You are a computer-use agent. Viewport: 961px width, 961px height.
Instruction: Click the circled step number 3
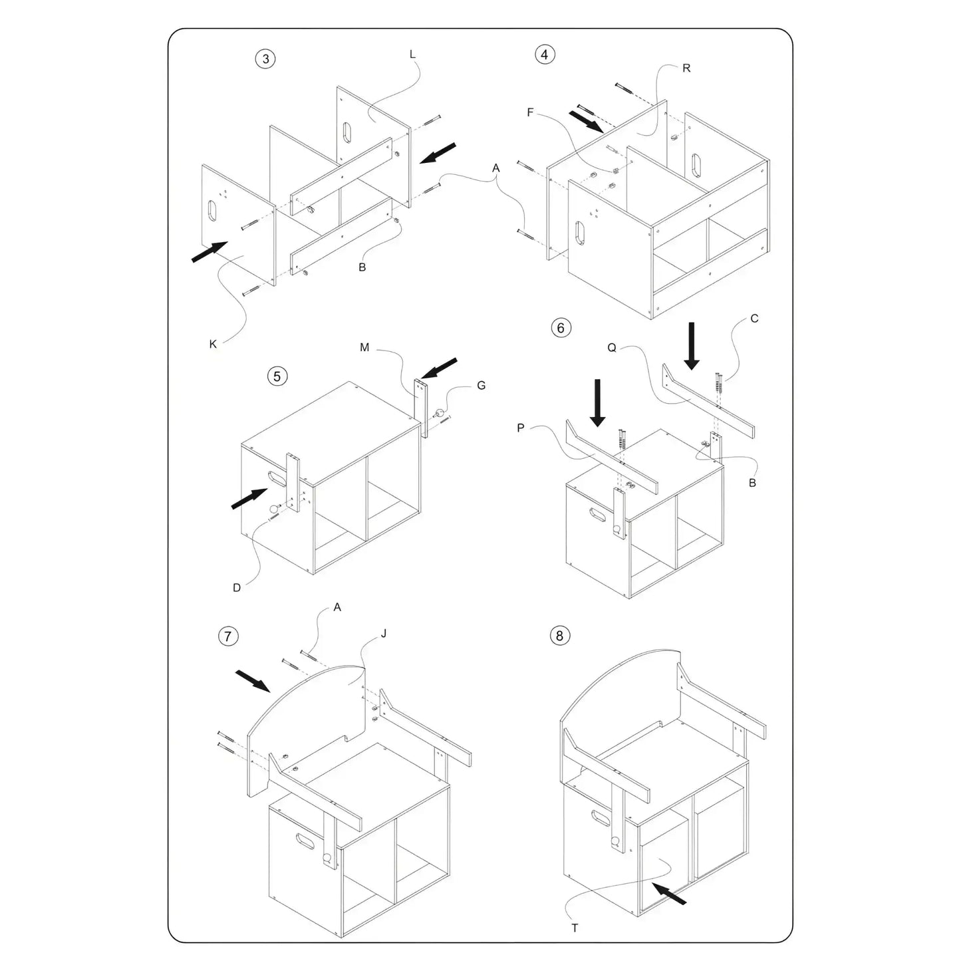pyautogui.click(x=265, y=59)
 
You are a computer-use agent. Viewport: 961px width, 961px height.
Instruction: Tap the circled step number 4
pyautogui.click(x=545, y=55)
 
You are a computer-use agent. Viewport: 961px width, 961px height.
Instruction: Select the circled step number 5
pyautogui.click(x=277, y=376)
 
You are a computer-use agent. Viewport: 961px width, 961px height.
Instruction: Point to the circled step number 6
pyautogui.click(x=561, y=328)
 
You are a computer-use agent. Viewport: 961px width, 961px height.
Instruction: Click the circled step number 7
pyautogui.click(x=228, y=636)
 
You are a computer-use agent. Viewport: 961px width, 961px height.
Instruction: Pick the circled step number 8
pyautogui.click(x=559, y=636)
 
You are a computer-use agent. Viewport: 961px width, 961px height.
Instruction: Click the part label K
pyautogui.click(x=213, y=344)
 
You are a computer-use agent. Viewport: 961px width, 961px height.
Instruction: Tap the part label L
pyautogui.click(x=412, y=55)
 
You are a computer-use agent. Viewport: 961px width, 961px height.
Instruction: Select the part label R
pyautogui.click(x=686, y=69)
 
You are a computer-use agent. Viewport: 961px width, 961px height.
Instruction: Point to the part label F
pyautogui.click(x=530, y=112)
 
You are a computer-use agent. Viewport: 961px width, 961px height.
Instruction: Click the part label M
pyautogui.click(x=364, y=348)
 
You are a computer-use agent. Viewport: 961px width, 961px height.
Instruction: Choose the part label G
pyautogui.click(x=481, y=386)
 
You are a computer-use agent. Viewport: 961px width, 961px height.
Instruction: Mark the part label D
pyautogui.click(x=237, y=588)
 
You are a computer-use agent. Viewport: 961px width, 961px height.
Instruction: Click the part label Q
pyautogui.click(x=612, y=348)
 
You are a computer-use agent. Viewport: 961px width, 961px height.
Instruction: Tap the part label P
pyautogui.click(x=521, y=428)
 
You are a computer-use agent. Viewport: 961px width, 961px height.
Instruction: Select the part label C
pyautogui.click(x=754, y=319)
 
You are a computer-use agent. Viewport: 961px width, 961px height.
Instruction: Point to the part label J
pyautogui.click(x=384, y=634)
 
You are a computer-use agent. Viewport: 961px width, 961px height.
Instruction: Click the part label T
pyautogui.click(x=575, y=928)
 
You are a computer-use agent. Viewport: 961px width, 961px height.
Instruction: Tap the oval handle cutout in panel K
pyautogui.click(x=212, y=211)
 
